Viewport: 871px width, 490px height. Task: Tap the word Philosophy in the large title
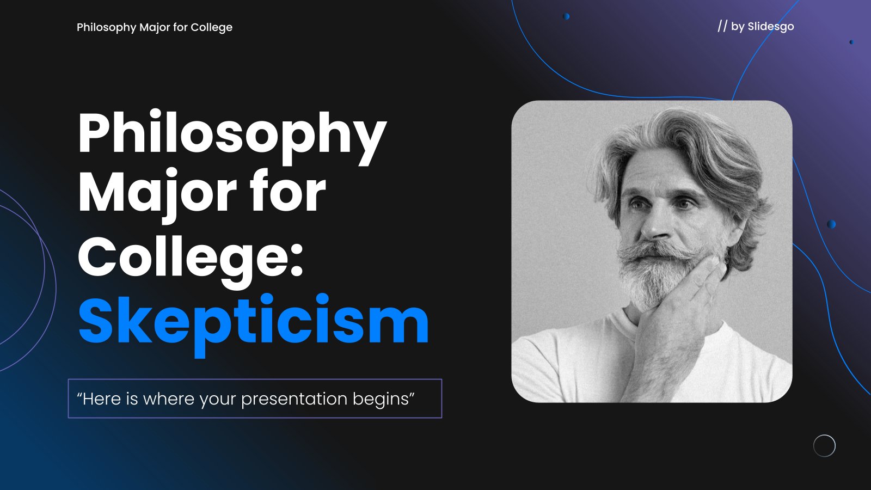click(232, 137)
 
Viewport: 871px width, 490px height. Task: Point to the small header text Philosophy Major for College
click(155, 27)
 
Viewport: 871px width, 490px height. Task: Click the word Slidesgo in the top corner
click(771, 27)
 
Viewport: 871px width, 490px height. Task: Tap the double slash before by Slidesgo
click(722, 26)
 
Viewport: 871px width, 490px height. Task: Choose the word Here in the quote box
click(102, 399)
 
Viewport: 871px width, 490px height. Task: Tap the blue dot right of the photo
click(831, 224)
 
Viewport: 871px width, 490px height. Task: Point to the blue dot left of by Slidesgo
click(566, 16)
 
